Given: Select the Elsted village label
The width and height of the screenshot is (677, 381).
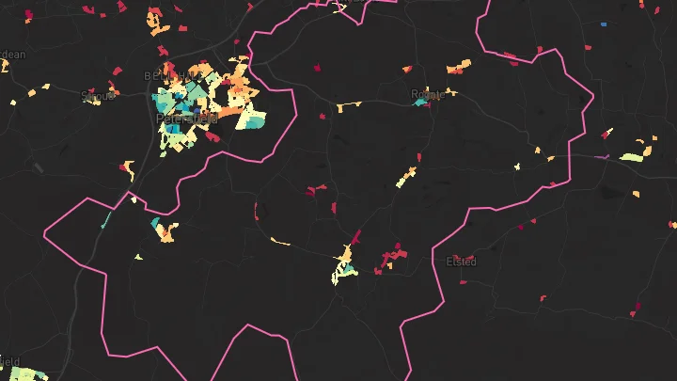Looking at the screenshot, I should coord(462,261).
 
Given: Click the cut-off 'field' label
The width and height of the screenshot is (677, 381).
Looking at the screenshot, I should coord(9,360).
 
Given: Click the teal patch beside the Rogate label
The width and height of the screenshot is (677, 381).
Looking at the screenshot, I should coord(420,102).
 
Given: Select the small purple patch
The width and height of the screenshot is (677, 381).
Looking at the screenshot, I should coord(606,157).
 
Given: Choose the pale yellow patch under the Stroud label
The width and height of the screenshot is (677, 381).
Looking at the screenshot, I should coord(93,103).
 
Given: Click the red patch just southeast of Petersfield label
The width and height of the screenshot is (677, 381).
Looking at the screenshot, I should coord(213,136).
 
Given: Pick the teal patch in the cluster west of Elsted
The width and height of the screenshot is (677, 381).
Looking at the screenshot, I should coord(350,271).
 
